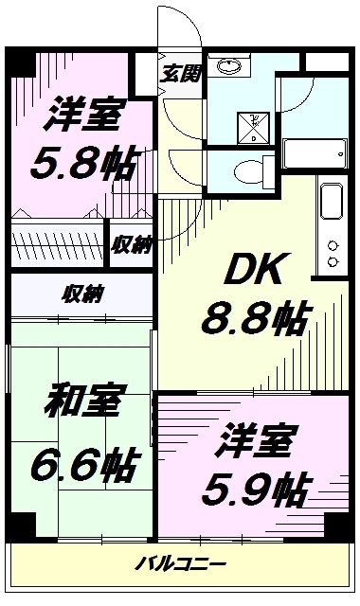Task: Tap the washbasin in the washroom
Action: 229,66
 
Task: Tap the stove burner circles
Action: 333,251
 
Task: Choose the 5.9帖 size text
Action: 255,489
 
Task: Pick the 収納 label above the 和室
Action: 83,292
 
